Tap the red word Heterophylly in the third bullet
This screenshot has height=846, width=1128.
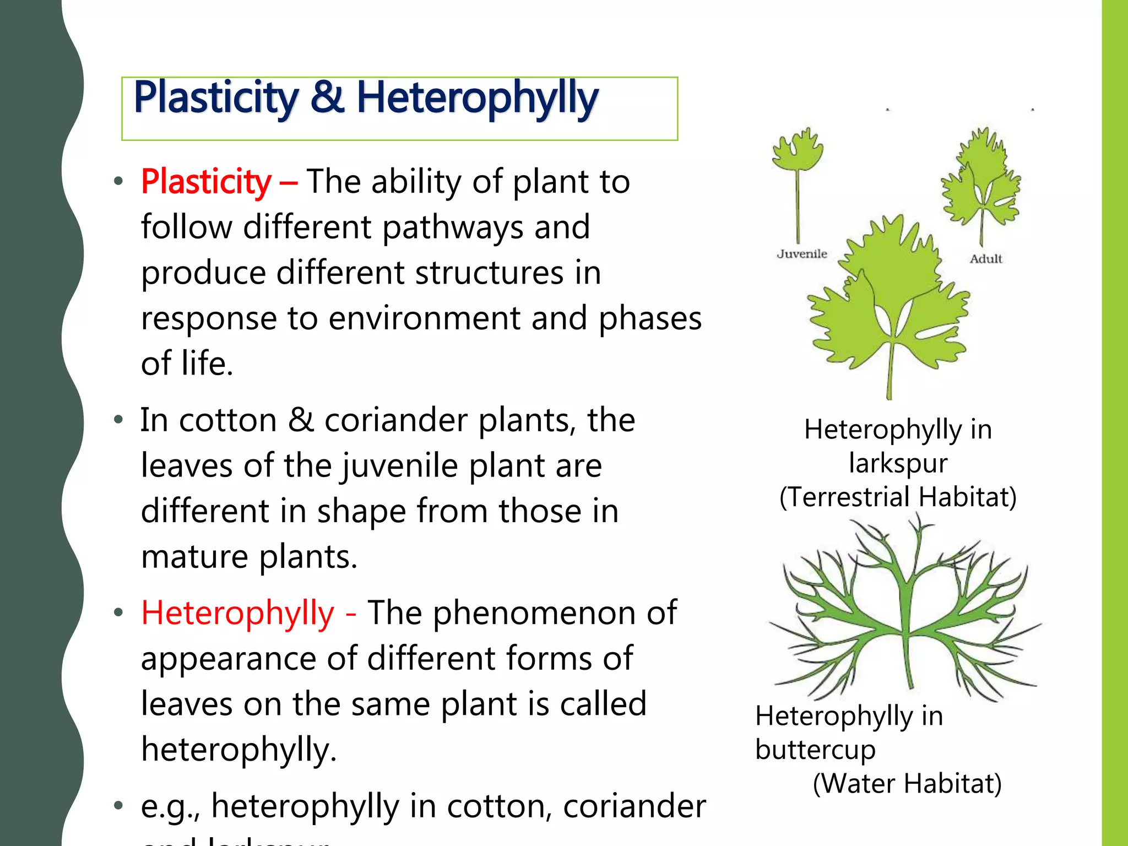point(237,612)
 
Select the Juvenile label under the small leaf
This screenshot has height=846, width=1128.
point(801,254)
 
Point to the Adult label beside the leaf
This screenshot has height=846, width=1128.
point(985,259)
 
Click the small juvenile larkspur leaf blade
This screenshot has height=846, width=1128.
point(797,150)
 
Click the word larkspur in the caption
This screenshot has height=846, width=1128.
point(898,463)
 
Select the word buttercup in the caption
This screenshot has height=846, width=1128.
point(815,750)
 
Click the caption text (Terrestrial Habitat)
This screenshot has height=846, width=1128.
point(898,496)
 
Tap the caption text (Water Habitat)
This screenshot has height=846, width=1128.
point(907,783)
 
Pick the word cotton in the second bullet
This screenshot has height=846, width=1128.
point(228,420)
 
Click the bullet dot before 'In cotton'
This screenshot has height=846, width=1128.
point(117,420)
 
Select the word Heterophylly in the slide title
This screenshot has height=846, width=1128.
point(477,98)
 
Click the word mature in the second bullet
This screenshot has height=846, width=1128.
point(194,556)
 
